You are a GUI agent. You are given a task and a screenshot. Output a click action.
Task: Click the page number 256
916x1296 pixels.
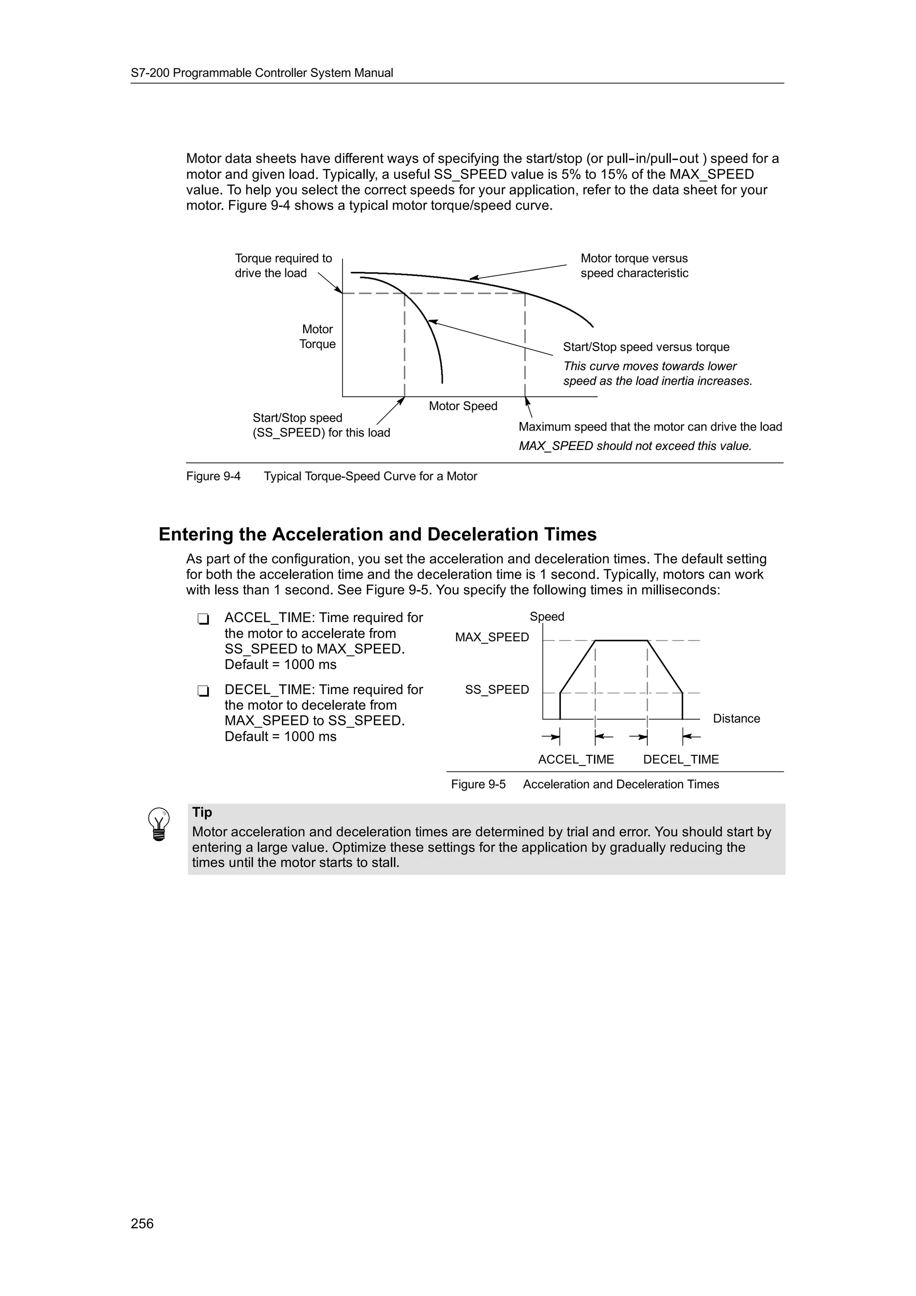tap(142, 1223)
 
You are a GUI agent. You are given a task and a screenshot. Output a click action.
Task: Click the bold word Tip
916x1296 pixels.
tap(202, 812)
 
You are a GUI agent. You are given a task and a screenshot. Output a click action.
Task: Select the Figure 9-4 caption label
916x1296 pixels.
tap(213, 476)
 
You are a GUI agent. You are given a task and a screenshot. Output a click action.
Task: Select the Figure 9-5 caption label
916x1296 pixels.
tap(478, 784)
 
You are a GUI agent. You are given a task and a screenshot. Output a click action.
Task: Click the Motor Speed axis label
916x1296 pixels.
tap(463, 407)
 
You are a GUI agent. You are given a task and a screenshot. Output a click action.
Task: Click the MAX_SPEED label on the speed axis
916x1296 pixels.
tap(492, 637)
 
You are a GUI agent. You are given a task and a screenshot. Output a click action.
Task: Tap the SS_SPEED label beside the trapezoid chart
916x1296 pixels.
tap(496, 690)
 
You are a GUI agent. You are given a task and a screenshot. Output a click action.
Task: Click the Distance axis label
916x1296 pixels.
tap(736, 719)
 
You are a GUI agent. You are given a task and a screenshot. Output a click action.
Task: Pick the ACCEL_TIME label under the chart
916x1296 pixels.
tap(576, 760)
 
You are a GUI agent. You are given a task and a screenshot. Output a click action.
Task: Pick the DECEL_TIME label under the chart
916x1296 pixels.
tap(681, 760)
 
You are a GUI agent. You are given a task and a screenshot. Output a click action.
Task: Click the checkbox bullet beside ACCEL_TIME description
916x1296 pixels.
tap(203, 619)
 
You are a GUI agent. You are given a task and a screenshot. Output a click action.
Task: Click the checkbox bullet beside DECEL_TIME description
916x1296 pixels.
tap(203, 691)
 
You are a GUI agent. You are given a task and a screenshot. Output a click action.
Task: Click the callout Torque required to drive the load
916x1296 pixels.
tap(283, 266)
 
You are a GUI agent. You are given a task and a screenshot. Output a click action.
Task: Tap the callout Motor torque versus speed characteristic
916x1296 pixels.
tap(634, 266)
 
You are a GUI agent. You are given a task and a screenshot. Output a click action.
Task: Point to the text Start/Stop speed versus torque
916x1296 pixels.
tap(646, 347)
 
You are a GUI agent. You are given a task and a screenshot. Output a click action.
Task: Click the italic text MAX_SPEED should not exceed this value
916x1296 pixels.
tap(635, 446)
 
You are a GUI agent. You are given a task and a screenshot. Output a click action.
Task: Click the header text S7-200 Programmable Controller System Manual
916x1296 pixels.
tap(262, 73)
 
